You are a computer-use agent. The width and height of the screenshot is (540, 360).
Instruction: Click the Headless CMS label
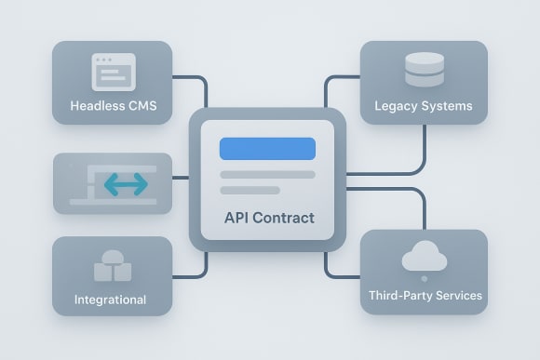coord(113,106)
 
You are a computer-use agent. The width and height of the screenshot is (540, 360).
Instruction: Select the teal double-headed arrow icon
coord(126,184)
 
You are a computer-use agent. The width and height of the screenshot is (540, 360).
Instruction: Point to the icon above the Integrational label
coord(112,266)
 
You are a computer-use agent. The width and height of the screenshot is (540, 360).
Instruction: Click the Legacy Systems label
coord(424,106)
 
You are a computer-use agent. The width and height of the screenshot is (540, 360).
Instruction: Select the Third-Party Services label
coord(424,296)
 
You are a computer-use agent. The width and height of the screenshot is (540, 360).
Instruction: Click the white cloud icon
coord(424,259)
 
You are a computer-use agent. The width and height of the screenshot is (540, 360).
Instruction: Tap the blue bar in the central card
coord(267,149)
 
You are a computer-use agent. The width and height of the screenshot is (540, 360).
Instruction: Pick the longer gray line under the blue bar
coord(267,174)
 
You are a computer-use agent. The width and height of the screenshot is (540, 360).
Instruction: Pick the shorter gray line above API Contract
coord(250,191)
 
